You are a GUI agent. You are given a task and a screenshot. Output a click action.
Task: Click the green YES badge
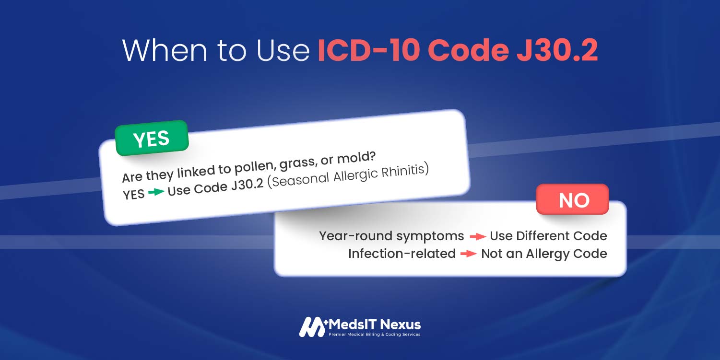click(152, 138)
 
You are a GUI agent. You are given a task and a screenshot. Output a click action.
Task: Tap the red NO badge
click(572, 199)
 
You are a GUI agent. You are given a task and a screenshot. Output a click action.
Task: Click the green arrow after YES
click(156, 192)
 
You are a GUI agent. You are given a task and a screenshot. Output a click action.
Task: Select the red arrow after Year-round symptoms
click(478, 237)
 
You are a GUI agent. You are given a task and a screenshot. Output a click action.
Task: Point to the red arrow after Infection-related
click(469, 254)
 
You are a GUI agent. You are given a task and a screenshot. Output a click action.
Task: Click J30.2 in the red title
click(557, 50)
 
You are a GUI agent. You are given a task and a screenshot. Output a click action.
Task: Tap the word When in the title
click(165, 50)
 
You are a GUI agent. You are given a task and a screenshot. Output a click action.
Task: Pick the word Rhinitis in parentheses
click(405, 171)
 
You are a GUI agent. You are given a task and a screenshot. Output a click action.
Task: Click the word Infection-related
click(402, 254)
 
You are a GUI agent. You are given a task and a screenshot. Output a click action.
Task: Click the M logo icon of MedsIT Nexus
click(312, 327)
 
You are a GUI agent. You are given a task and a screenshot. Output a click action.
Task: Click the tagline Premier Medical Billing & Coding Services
click(375, 334)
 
